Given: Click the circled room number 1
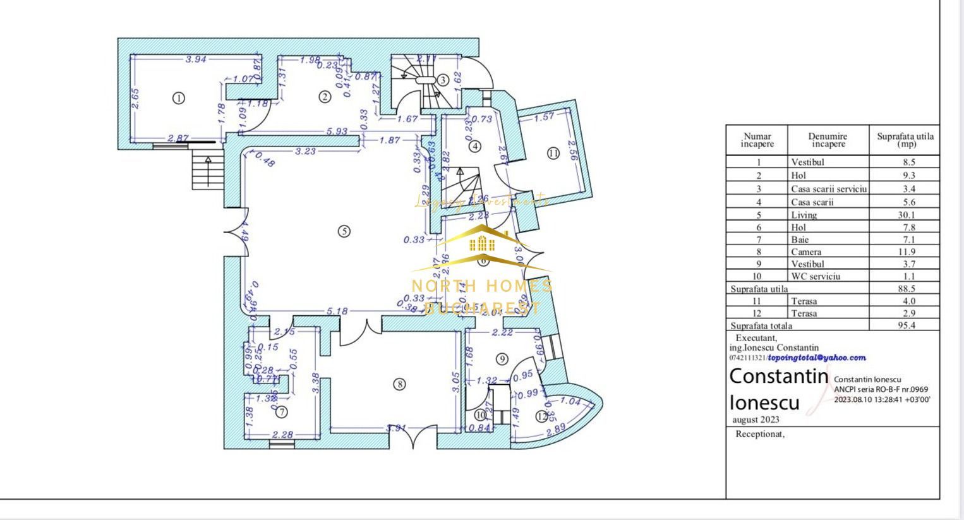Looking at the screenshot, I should pyautogui.click(x=179, y=98).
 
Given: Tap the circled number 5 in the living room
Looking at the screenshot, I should pyautogui.click(x=344, y=231).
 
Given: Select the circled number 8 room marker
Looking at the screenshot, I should pyautogui.click(x=399, y=384).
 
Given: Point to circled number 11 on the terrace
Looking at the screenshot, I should pyautogui.click(x=553, y=153).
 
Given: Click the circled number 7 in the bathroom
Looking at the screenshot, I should pyautogui.click(x=282, y=412).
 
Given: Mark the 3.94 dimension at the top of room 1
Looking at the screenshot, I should pyautogui.click(x=196, y=59).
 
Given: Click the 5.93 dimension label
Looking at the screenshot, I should pyautogui.click(x=337, y=131).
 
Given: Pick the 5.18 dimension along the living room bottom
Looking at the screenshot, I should pyautogui.click(x=338, y=311).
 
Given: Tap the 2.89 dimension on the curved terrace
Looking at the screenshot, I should pyautogui.click(x=556, y=430).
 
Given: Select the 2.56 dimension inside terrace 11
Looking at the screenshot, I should pyautogui.click(x=572, y=152).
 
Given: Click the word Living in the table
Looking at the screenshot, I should pyautogui.click(x=804, y=215).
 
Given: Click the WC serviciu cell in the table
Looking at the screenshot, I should pyautogui.click(x=816, y=276).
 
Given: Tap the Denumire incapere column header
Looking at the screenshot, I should pyautogui.click(x=828, y=140).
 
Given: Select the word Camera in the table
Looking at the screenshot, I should pyautogui.click(x=806, y=251).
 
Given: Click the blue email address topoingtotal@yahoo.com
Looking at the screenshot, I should pyautogui.click(x=817, y=358).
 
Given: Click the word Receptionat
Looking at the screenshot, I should pyautogui.click(x=760, y=434).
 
